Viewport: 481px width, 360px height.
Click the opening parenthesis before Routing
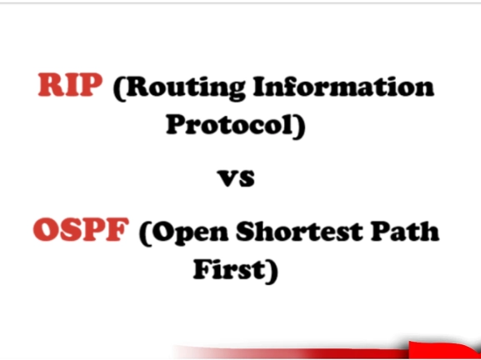[x=118, y=88]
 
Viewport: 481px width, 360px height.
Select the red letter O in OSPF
[x=47, y=231]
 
